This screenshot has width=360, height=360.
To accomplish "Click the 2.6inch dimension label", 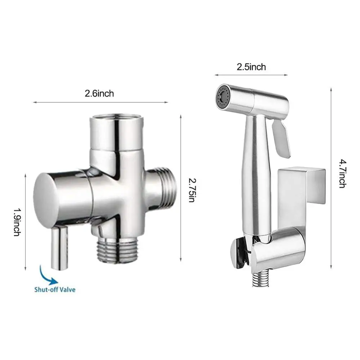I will coord(99,94).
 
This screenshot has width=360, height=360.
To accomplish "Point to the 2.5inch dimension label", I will coord(251,67).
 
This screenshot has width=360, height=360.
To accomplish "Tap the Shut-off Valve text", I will coord(55,289).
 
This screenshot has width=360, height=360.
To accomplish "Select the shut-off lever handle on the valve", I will coord(59,248).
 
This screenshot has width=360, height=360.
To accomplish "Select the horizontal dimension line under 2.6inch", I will coord(100,103).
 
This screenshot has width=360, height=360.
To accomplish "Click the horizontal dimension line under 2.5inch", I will coord(251,75).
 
